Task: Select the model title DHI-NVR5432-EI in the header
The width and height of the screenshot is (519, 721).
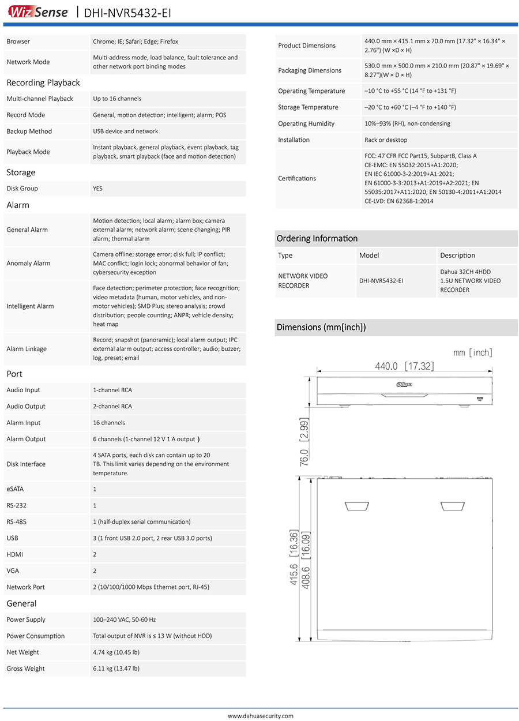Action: [127, 13]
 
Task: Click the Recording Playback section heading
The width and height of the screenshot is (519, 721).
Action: [43, 82]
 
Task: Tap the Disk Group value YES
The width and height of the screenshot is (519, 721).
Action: [98, 189]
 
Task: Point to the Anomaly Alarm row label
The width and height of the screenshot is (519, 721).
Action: [28, 264]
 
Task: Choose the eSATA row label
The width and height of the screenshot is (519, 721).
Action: [15, 489]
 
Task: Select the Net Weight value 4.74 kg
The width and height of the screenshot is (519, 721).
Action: [116, 652]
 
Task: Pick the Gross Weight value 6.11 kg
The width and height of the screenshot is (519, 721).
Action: [116, 669]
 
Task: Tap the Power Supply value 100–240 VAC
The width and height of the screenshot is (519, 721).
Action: [124, 620]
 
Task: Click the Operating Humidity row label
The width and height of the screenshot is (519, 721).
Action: [306, 124]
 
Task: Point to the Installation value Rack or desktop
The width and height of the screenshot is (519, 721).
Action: [386, 140]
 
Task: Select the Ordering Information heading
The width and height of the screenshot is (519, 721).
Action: [317, 239]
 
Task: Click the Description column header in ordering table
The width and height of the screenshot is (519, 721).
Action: [457, 256]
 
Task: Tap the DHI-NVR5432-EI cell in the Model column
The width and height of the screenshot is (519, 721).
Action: [381, 281]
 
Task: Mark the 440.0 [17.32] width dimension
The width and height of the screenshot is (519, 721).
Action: [404, 366]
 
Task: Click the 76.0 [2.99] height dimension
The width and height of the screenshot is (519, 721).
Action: [304, 442]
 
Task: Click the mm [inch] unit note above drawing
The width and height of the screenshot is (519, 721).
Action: [473, 352]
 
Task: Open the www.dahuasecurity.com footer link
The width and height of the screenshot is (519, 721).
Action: [260, 716]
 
